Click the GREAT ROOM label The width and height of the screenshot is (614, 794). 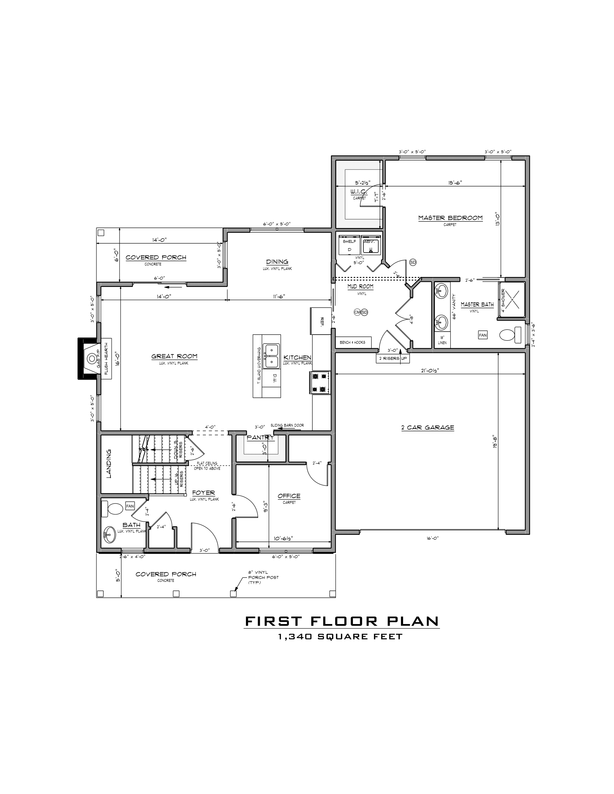click(x=174, y=356)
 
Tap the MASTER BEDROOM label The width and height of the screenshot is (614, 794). click(x=450, y=218)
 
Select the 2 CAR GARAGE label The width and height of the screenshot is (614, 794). click(x=427, y=428)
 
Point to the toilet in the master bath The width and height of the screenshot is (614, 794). click(x=510, y=335)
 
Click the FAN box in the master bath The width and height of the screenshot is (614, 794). click(x=482, y=335)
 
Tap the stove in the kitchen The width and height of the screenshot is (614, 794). click(x=320, y=383)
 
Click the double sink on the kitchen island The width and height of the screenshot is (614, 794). click(x=272, y=356)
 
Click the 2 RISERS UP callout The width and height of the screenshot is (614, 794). click(x=392, y=358)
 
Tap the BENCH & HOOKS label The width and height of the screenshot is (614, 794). click(x=352, y=342)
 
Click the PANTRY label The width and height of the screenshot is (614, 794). click(x=260, y=438)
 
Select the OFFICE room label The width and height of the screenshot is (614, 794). click(x=289, y=496)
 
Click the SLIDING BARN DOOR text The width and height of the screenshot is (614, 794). click(x=287, y=425)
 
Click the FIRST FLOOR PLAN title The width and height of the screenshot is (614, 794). click(x=342, y=621)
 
